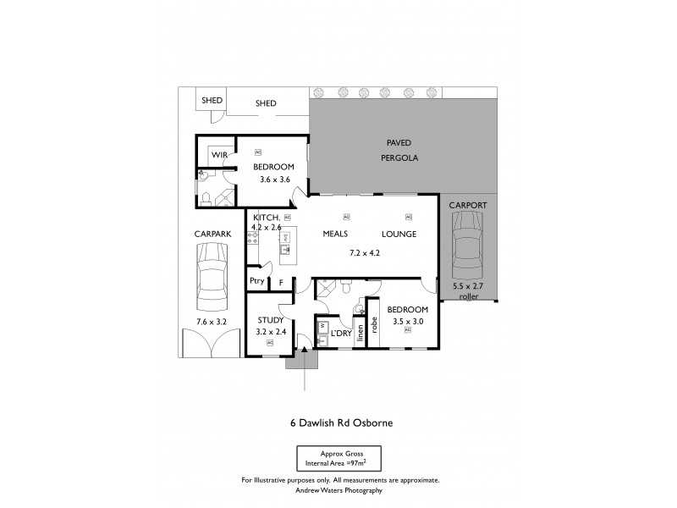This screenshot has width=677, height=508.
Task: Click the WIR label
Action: click(220, 155)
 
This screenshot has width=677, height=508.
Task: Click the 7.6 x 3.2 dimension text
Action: click(210, 322)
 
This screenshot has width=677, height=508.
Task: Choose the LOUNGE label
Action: click(398, 234)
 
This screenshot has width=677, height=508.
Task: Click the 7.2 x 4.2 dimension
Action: click(366, 253)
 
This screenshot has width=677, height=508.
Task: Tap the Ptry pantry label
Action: click(256, 282)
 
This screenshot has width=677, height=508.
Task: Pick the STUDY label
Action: click(272, 319)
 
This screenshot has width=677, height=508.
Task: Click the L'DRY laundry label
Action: click(341, 334)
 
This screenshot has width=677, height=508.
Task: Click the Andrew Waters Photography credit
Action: click(339, 490)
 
